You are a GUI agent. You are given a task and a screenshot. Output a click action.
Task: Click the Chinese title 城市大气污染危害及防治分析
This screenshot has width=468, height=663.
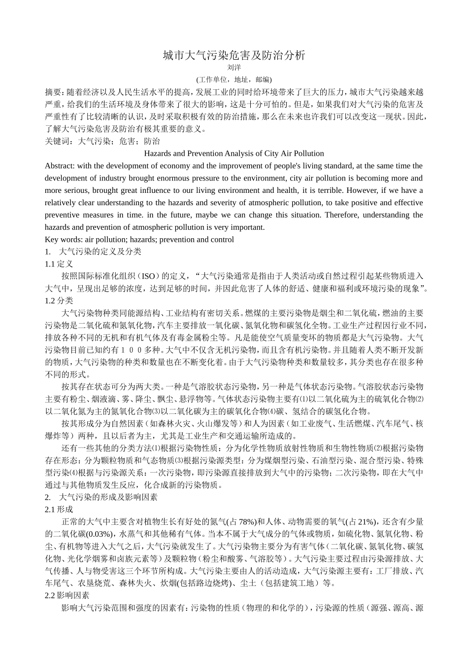coord(234,55)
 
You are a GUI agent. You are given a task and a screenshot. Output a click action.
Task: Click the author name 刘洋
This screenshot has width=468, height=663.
coord(234,68)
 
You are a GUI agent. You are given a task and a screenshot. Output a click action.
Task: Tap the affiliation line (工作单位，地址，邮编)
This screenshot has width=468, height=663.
coord(234,79)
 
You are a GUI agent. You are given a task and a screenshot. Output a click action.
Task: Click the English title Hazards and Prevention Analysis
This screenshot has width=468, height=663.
coord(234,153)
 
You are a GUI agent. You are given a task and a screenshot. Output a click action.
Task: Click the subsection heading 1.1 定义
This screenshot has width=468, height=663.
coord(59,264)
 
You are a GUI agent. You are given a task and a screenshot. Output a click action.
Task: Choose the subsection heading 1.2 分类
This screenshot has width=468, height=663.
coord(59,300)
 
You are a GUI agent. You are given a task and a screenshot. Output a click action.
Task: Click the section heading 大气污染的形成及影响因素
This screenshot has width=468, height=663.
coord(108,497)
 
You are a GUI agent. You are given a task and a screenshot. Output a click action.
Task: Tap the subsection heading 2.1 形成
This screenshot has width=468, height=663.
coord(59,510)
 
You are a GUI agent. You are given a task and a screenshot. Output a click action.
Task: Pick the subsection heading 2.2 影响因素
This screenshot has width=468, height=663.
coord(67,595)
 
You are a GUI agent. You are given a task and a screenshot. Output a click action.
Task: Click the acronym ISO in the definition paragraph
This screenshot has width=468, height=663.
coord(148,276)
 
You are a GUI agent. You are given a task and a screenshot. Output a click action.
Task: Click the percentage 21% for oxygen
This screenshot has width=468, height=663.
coord(368,522)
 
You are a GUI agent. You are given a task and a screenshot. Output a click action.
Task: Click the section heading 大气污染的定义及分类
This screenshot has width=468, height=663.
coord(100,252)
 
